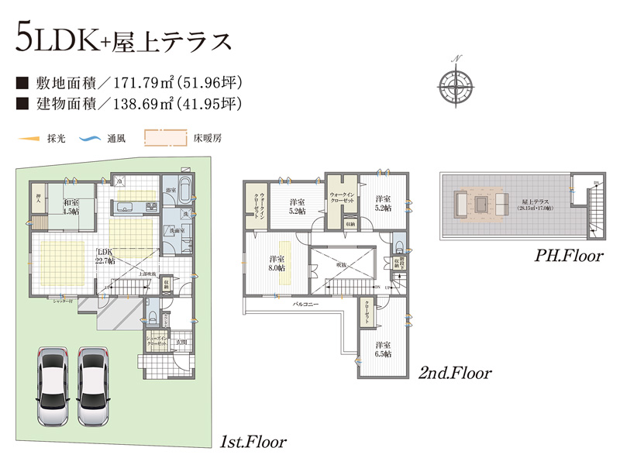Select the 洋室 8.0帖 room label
277,263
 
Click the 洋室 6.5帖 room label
383,349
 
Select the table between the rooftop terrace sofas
482,204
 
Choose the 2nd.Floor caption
455,374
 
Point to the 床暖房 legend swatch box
166,139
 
